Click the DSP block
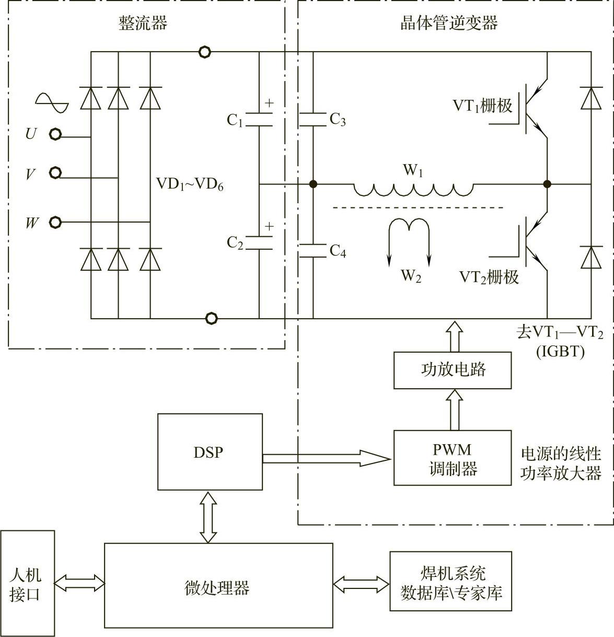tap(210, 451)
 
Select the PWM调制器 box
tap(453, 458)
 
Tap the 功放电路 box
tap(453, 370)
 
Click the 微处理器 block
tap(218, 585)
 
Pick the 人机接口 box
tap(27, 583)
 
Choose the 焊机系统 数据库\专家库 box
tap(450, 581)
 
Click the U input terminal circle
tap(55, 135)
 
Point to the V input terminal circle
tap(55, 172)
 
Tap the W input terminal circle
tap(55, 223)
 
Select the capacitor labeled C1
tap(259, 119)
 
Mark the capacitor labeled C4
tap(313, 250)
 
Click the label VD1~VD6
tap(190, 184)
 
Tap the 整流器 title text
tap(143, 24)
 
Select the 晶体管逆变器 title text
tap(449, 24)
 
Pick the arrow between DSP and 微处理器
tap(209, 516)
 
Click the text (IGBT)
tap(560, 351)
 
